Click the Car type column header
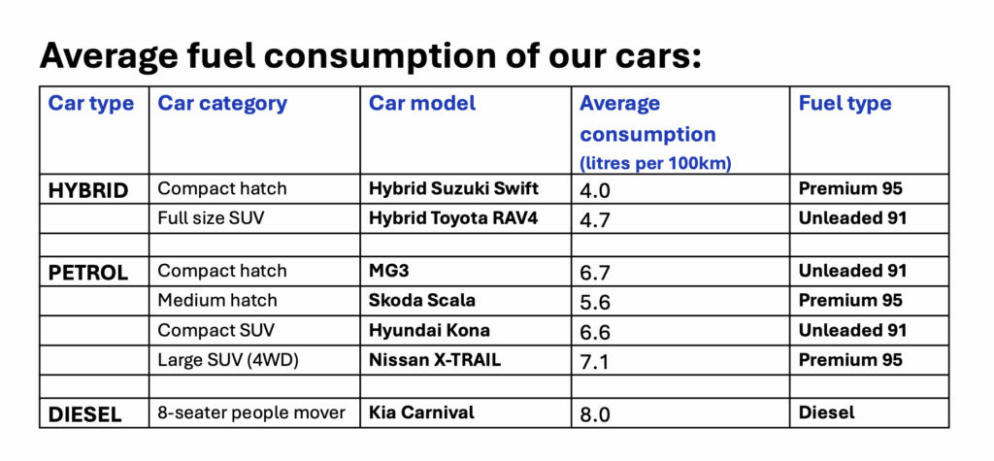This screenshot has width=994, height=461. click(91, 103)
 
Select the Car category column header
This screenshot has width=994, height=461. click(222, 103)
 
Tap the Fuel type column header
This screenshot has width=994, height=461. click(845, 103)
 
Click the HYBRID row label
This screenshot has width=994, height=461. click(88, 190)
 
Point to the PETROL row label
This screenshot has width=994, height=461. click(88, 273)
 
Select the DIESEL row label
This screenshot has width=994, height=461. click(85, 414)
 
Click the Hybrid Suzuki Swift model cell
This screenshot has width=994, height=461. click(453, 189)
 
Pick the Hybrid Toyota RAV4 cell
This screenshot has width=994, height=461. click(453, 217)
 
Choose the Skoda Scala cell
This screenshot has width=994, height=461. click(422, 300)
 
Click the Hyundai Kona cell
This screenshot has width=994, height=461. click(429, 330)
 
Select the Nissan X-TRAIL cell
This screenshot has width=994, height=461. click(436, 360)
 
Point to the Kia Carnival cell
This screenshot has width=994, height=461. click(421, 412)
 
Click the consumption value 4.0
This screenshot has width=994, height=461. click(595, 190)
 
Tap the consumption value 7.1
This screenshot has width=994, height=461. click(594, 361)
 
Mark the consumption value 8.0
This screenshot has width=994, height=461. click(595, 414)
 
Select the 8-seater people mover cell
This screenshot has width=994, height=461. click(251, 412)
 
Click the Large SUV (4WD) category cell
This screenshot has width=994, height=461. click(229, 360)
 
